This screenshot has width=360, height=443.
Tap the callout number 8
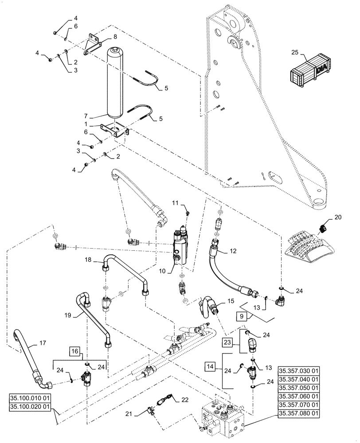coord(102,37)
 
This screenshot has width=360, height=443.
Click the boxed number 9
coord(241,317)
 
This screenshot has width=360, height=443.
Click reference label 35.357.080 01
coord(299,414)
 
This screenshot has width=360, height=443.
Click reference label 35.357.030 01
coord(299,371)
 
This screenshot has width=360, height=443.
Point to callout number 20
coord(338,217)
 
